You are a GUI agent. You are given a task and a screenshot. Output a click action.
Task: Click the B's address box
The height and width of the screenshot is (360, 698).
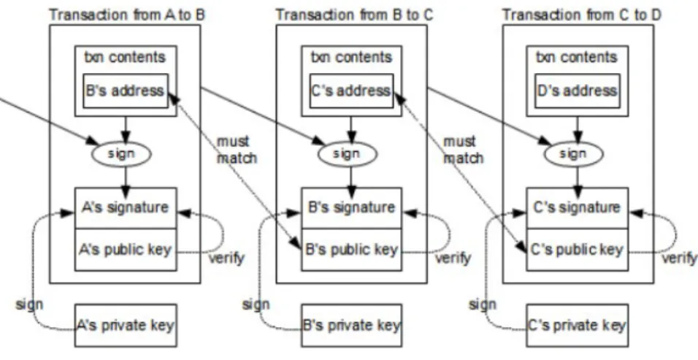[126, 91]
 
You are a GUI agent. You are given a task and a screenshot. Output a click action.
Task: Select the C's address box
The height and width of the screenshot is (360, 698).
[351, 91]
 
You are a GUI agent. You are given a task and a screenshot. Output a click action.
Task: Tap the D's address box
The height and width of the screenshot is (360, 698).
[577, 91]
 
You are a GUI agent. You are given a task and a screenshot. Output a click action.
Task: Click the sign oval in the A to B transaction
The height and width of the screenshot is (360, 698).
[121, 153]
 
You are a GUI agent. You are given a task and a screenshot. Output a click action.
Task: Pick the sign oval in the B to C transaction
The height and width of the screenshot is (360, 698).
[348, 153]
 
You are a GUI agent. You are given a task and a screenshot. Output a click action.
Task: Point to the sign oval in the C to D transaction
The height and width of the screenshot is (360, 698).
[573, 153]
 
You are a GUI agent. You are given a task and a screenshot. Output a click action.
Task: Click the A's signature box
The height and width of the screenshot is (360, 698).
[126, 208]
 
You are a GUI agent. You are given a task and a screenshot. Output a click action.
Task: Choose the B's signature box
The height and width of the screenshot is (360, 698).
[352, 208]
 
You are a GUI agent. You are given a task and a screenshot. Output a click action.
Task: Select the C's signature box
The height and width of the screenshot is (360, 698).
[578, 208]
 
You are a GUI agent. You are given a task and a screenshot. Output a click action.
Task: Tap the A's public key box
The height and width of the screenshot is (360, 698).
[126, 250]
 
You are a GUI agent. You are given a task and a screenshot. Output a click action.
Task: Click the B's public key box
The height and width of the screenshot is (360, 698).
[352, 250]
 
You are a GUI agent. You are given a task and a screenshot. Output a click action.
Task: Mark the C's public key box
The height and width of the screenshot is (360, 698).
[578, 250]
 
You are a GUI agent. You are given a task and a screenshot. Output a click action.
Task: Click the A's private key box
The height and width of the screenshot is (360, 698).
[126, 326]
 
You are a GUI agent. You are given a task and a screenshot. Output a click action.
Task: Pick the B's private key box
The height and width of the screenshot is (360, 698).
[352, 326]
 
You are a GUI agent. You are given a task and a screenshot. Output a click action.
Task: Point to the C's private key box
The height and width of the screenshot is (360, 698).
[578, 326]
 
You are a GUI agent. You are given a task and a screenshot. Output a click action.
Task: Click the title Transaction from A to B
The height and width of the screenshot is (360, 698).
[127, 15]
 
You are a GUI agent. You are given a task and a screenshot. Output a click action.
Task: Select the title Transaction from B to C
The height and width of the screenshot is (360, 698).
[354, 15]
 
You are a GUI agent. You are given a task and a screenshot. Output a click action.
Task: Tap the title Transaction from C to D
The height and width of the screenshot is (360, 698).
[582, 15]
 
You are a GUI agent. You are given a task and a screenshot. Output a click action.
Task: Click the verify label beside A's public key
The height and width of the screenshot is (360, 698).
[226, 258]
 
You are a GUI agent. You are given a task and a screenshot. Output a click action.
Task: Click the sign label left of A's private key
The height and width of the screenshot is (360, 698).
[29, 305]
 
